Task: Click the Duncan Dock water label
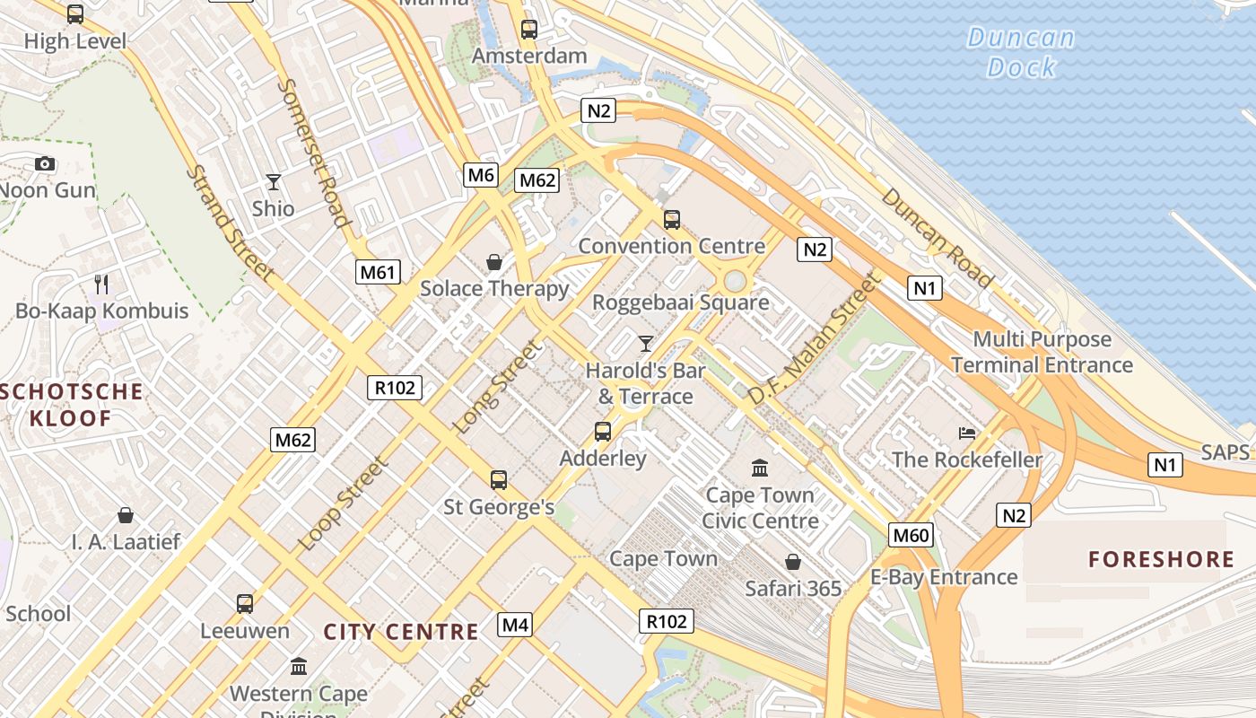coord(1021,52)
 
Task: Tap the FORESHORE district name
coord(1161,560)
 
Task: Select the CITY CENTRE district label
coord(401,632)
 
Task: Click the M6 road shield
coord(481,175)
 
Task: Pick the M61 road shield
coord(377,272)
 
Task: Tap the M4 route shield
coord(515,625)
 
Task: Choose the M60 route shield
coord(911,536)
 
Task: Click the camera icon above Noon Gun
coord(45,163)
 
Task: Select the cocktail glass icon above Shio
coord(274,182)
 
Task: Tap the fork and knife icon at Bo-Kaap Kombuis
coord(101,285)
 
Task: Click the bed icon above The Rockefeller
coord(967,433)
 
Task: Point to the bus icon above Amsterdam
coord(529,30)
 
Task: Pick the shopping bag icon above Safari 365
coord(793,562)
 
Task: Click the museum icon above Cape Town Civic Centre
coord(760,468)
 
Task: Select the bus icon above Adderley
coord(603,432)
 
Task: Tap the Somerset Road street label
coord(313,153)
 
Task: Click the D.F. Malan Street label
coord(812,338)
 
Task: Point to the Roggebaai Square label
coord(681,302)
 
